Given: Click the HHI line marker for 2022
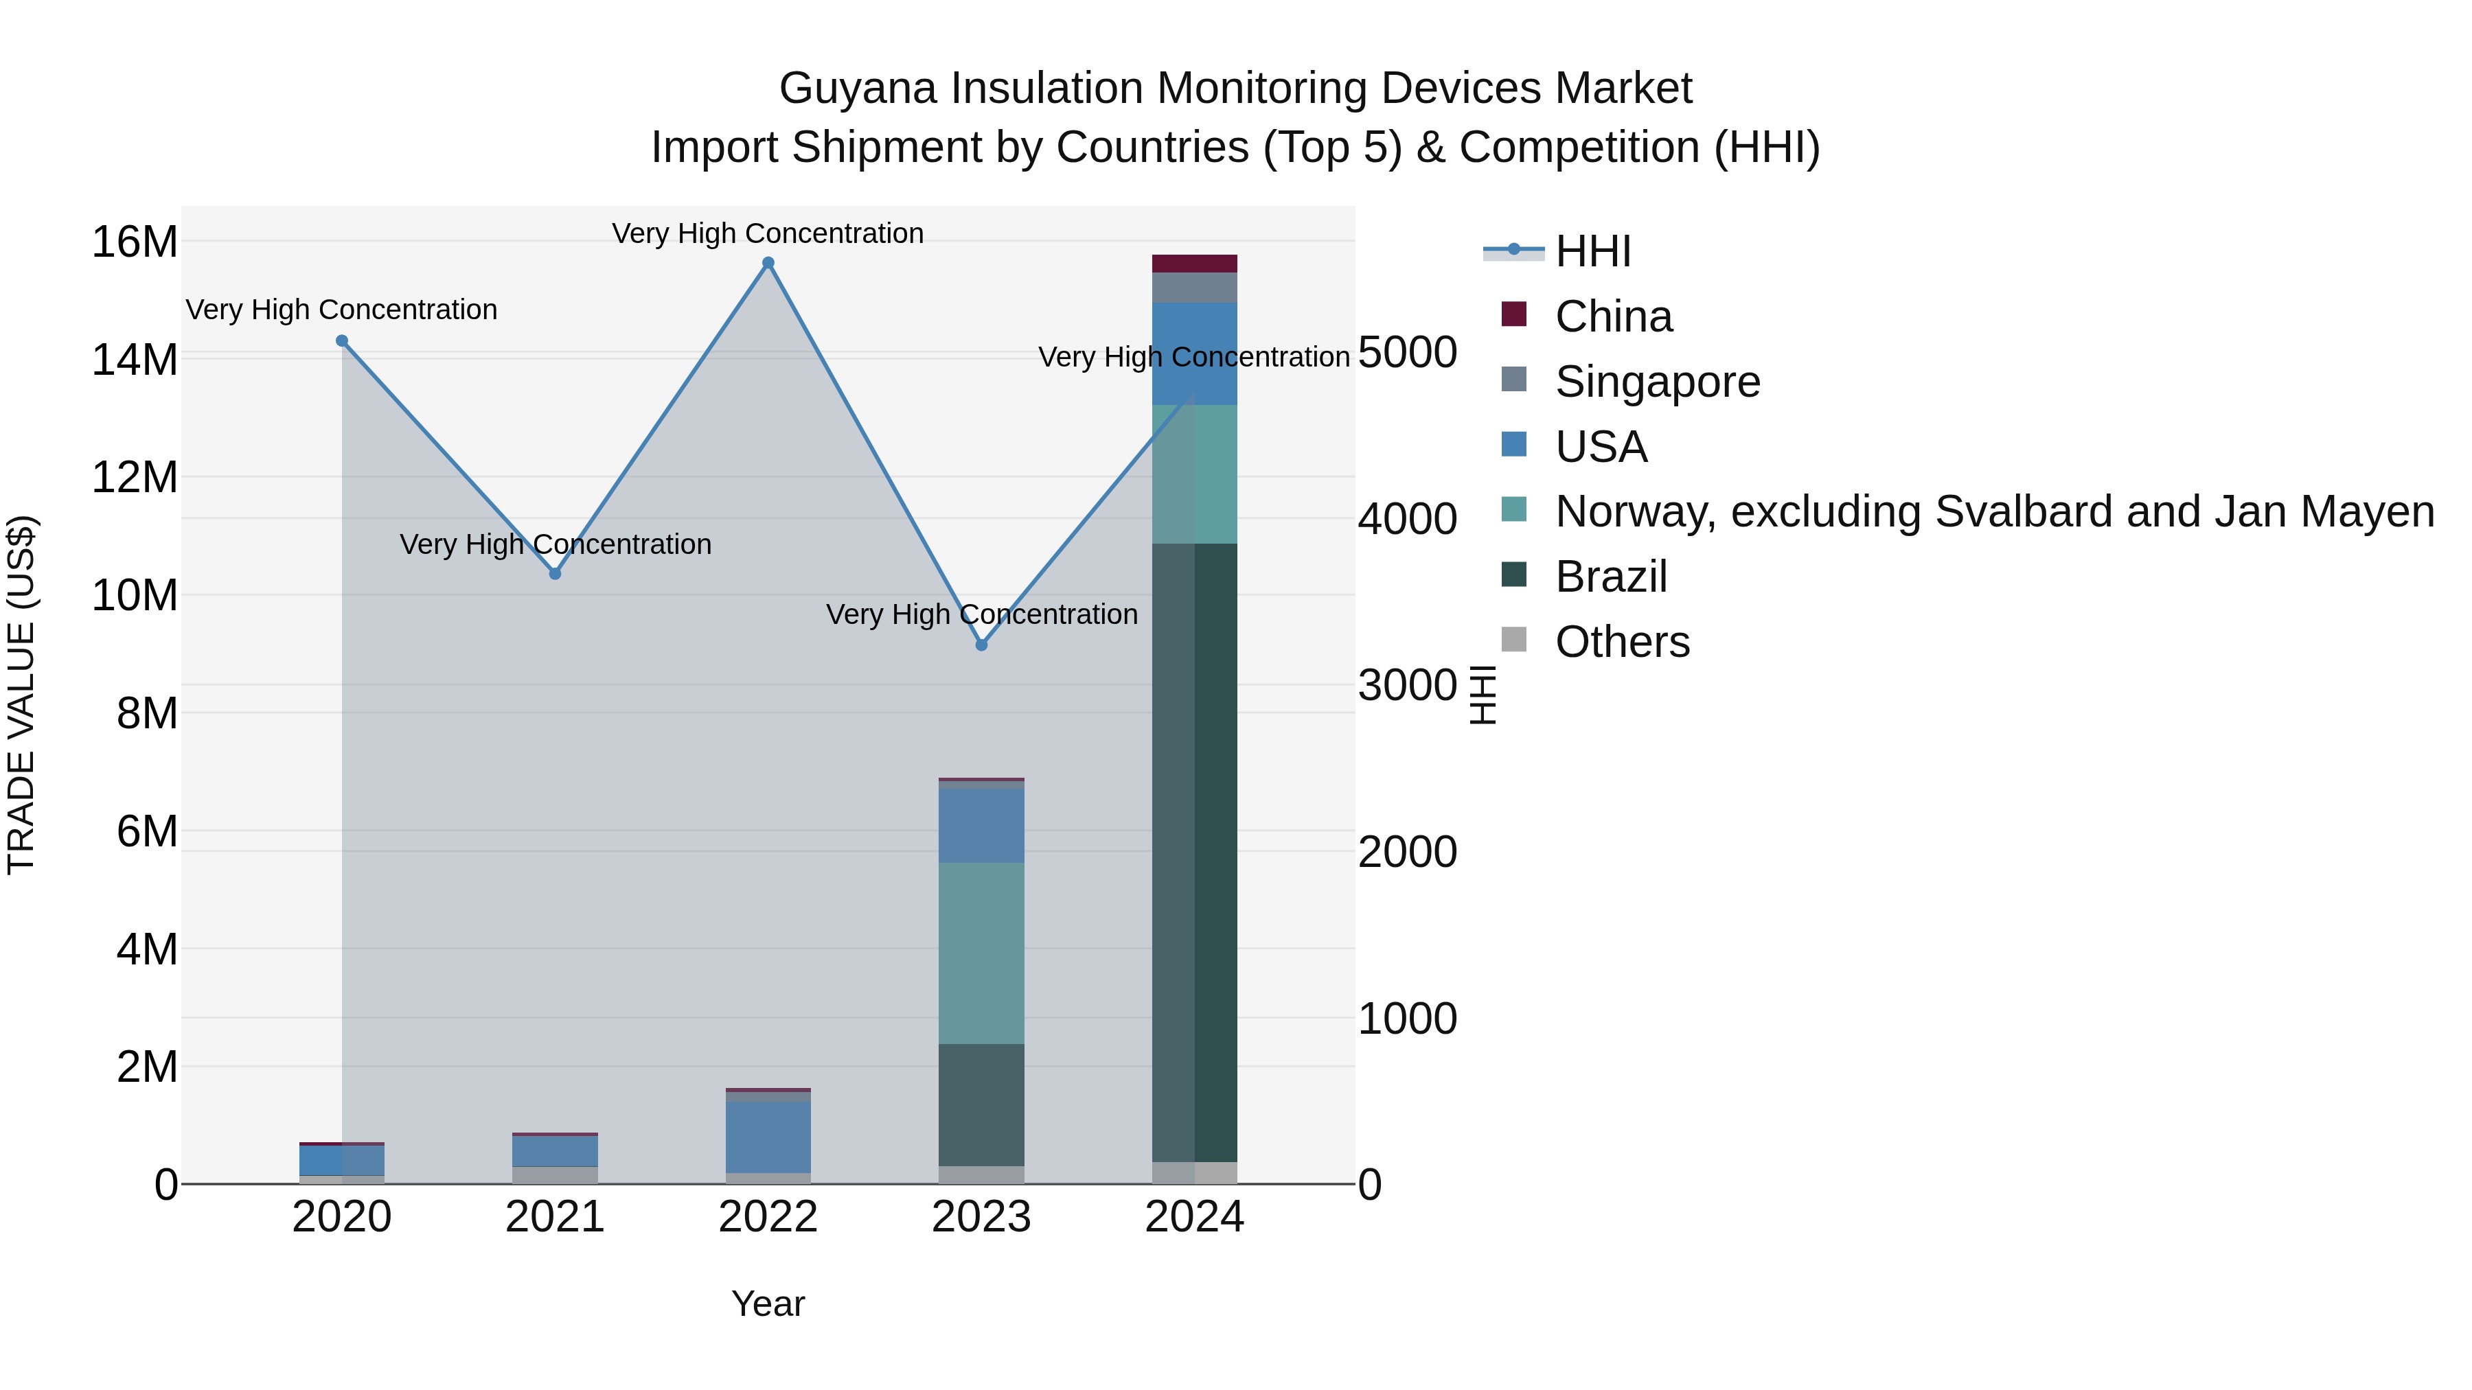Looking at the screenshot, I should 768,263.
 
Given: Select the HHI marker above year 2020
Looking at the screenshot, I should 342,340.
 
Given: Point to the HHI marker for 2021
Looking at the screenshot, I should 555,574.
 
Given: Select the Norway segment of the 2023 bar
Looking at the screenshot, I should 981,953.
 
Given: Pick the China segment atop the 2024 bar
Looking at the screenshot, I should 1195,264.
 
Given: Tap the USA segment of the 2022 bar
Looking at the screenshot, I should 768,1137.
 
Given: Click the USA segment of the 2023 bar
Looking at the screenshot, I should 981,825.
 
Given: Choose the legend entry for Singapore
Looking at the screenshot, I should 1658,382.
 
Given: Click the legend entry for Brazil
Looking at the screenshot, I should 1611,577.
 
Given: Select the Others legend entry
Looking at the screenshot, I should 1622,642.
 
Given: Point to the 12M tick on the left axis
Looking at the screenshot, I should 135,478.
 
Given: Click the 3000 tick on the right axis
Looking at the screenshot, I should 1407,686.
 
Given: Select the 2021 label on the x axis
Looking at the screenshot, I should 555,1217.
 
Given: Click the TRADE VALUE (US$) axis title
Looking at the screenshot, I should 21,695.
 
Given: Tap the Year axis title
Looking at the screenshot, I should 768,1304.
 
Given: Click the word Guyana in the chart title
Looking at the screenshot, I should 858,89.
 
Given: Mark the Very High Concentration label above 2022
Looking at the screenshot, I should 768,233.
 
